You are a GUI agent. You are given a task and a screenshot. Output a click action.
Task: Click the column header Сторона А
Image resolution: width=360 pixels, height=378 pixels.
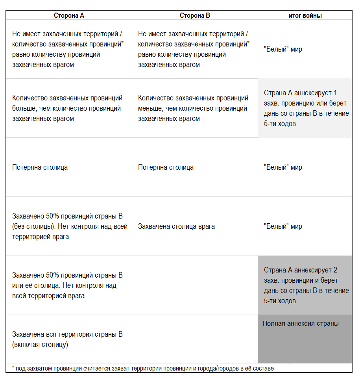pos(69,15)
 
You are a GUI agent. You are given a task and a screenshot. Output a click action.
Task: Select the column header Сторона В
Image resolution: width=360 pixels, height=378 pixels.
pos(195,15)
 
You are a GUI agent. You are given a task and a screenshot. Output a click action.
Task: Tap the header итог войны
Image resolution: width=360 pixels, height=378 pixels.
pos(305,15)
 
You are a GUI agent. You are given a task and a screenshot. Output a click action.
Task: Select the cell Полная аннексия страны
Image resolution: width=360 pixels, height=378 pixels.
pos(301,324)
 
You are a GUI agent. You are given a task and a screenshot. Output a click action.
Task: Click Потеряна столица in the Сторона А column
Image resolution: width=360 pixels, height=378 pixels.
pos(40,167)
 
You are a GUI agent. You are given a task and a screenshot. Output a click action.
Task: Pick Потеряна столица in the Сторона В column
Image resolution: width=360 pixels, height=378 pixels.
pos(166,167)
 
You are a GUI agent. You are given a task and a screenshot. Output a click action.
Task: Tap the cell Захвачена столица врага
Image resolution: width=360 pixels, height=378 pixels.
pos(176,226)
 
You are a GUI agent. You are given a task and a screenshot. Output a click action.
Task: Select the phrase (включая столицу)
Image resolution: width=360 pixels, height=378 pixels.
pos(40,345)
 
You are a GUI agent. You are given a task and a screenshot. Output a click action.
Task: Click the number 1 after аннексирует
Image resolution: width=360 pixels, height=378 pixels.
pos(335,93)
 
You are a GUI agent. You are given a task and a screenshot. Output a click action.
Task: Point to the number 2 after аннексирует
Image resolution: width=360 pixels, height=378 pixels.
pos(335,271)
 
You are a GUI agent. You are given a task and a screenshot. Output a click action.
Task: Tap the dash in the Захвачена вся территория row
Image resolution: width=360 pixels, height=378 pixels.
pos(141,339)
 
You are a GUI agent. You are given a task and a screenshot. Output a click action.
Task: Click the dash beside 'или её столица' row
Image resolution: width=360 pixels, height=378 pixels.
pos(141,285)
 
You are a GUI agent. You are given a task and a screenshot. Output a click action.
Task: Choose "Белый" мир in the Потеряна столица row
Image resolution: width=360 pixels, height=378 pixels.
pos(283,167)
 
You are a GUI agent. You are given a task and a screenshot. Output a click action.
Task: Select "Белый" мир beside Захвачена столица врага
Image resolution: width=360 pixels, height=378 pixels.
pos(283,226)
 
